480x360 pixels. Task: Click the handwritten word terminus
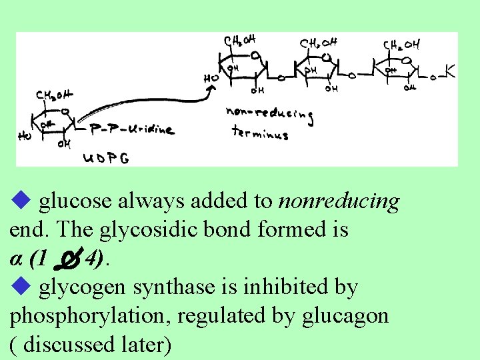coord(259,133)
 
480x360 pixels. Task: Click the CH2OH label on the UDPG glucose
coord(55,97)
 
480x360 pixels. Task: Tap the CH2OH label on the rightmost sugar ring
coord(401,45)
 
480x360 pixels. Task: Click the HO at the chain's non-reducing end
coord(211,79)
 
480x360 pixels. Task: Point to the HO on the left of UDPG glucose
coord(25,137)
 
